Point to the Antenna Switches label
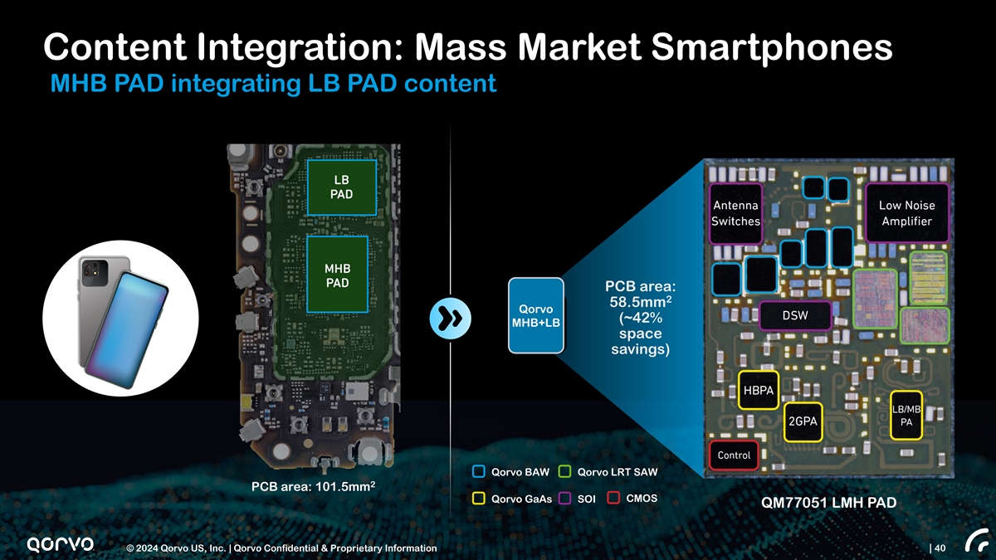coord(735,213)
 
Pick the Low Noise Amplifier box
coord(907,213)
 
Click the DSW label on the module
coord(795,315)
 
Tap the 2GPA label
coord(803,421)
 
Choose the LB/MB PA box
coord(906,416)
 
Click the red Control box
coord(734,455)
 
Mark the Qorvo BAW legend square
coord(478,472)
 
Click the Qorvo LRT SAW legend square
coord(564,472)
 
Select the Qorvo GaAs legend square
coord(478,499)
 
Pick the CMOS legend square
coord(614,498)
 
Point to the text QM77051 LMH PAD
coord(828,503)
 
